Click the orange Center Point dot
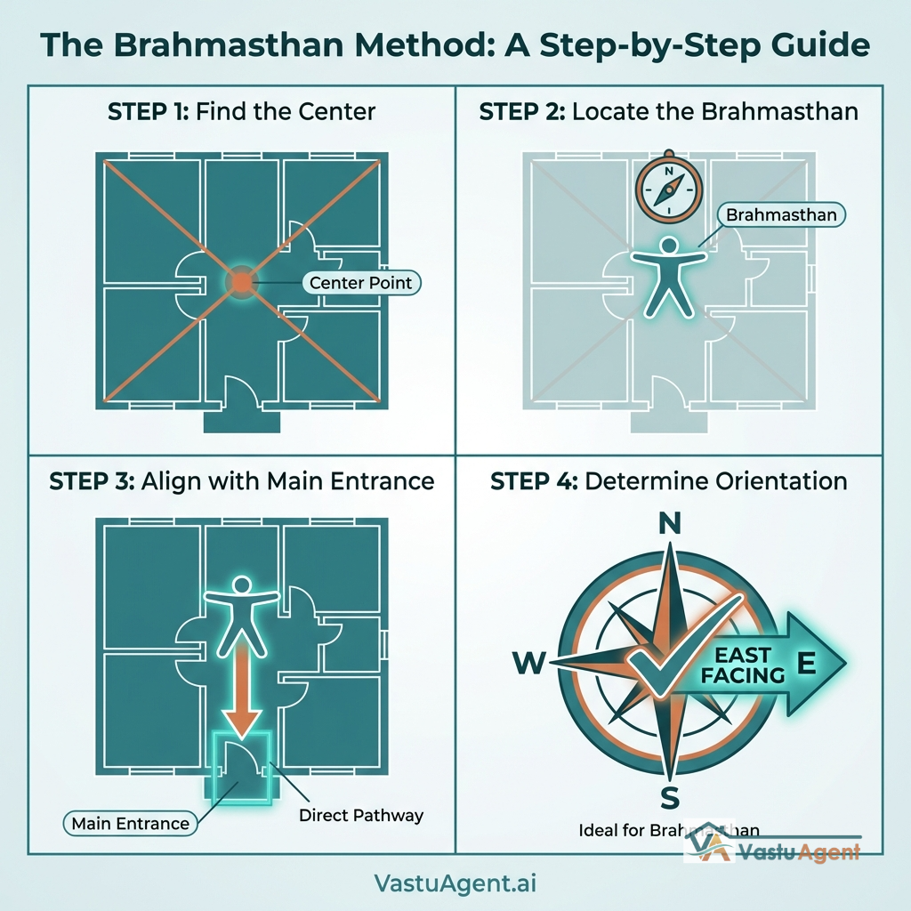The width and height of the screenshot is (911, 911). click(242, 282)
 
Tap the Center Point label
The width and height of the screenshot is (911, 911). click(360, 283)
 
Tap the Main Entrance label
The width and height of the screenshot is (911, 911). click(131, 823)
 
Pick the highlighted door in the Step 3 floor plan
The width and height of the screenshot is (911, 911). click(239, 767)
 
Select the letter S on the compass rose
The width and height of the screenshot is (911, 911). click(670, 794)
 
